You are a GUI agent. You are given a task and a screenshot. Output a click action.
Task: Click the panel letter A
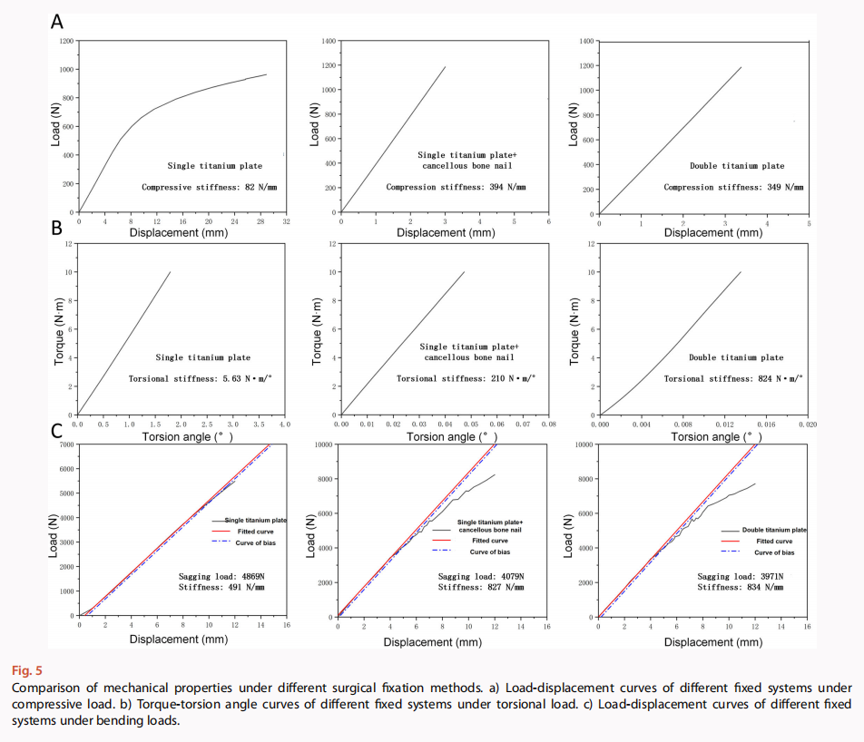(57, 22)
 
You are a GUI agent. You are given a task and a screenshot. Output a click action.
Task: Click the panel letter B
(57, 227)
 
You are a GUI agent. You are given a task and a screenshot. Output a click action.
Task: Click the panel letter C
(57, 434)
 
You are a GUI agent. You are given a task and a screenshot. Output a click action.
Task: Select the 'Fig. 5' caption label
(26, 671)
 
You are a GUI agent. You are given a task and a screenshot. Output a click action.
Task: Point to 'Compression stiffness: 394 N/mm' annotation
(456, 187)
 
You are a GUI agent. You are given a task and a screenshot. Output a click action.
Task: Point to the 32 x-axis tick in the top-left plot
(286, 220)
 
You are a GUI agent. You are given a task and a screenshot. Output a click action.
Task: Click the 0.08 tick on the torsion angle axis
(548, 424)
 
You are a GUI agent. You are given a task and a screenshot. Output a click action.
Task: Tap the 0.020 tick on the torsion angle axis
(808, 424)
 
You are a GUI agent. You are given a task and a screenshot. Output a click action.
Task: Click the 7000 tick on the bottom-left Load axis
(64, 445)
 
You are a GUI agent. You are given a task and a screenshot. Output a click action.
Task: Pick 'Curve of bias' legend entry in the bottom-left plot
(257, 542)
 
